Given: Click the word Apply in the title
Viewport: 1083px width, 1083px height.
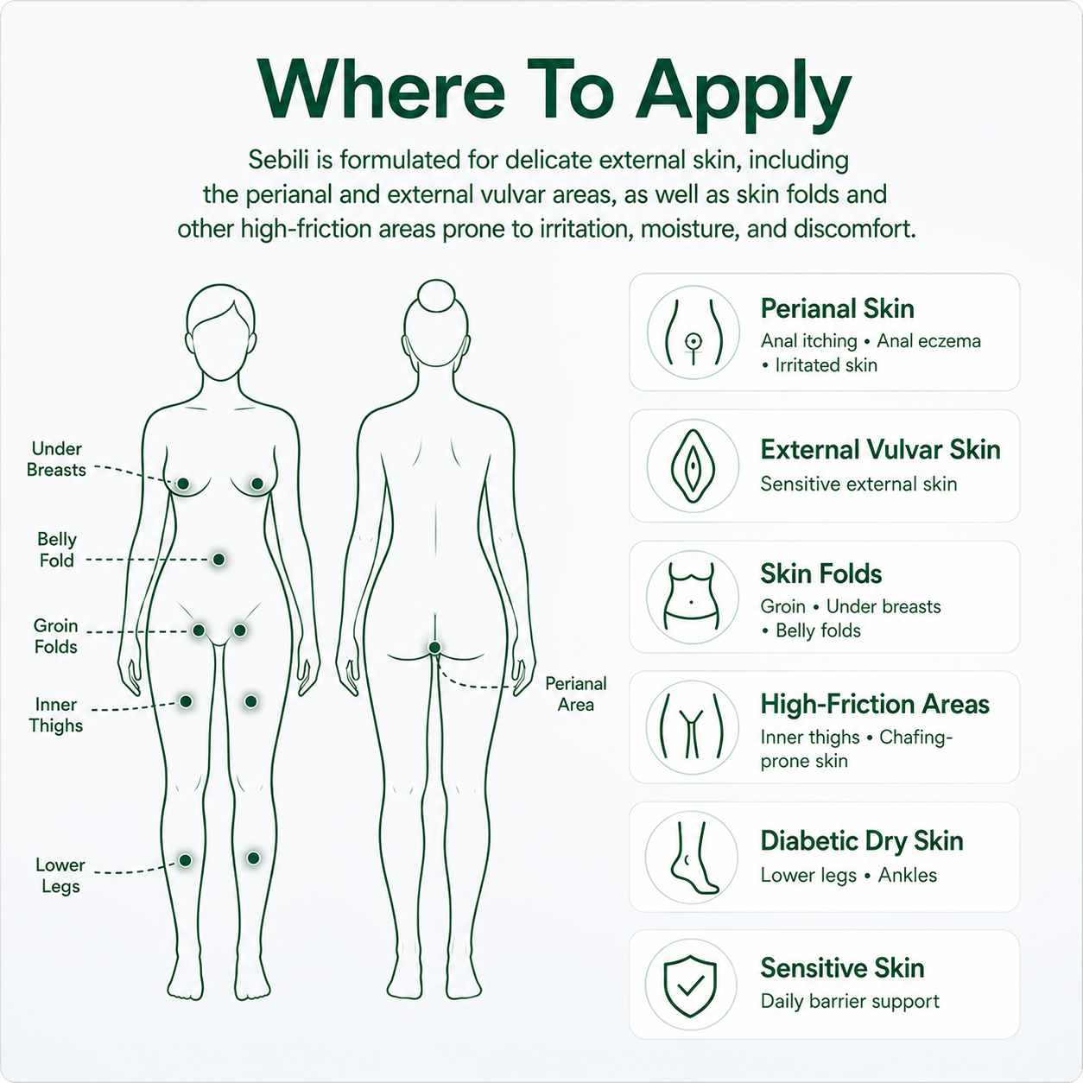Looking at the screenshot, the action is point(743,94).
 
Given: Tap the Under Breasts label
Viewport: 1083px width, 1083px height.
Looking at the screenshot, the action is point(56,459).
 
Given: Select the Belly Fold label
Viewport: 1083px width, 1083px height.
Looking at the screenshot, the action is point(57,549).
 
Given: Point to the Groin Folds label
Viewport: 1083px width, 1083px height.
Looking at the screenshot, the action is point(55,636).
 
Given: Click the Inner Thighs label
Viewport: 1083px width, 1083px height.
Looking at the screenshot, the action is point(55,715).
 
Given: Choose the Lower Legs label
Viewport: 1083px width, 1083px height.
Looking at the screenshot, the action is point(60,876).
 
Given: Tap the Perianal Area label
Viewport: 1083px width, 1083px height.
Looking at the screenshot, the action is point(576,694).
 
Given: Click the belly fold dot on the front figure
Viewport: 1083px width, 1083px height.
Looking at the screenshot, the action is point(218,559).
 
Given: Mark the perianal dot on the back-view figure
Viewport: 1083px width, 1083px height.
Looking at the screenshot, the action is point(434,648).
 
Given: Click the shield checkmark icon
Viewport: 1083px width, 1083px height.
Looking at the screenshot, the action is point(691,985).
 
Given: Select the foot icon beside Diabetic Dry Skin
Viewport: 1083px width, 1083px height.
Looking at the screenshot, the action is point(693,858).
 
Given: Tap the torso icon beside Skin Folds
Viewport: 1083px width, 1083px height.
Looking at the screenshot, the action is point(693,596).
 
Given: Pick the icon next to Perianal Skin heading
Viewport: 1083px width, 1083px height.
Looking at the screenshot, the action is point(693,332).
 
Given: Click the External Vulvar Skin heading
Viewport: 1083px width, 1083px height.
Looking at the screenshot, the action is point(881,450).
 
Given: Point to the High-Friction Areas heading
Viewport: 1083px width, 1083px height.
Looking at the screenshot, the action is point(875,704).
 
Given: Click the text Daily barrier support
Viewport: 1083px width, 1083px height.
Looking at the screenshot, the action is point(850,1001).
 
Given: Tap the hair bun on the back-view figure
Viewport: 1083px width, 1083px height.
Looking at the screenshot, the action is point(436,295).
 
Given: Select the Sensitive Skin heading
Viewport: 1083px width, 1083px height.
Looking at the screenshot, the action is point(842,968).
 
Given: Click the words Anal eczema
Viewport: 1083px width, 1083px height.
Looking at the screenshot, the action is point(929,340).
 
